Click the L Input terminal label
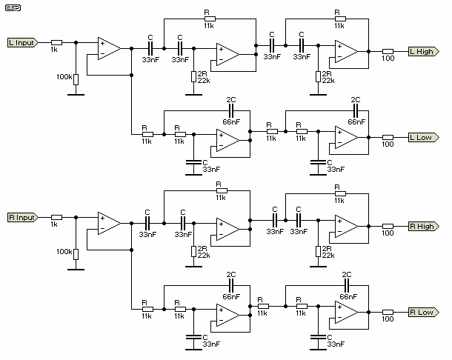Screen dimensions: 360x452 coord(21,42)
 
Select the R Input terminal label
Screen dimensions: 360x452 coord(21,218)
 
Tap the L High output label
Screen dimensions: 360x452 coord(422,51)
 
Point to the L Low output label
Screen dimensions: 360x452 coord(421,136)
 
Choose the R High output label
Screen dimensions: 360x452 coord(422,226)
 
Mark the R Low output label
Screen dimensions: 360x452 coord(421,312)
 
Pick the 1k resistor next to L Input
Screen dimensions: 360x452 coord(56,42)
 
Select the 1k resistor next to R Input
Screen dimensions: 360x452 coord(56,218)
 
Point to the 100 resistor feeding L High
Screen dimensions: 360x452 coord(388,51)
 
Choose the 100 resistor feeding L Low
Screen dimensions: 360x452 coord(388,136)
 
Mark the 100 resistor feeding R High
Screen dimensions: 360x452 coord(388,226)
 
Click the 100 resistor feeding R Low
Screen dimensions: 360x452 coord(388,312)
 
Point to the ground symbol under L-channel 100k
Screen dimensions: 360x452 coord(76,94)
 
